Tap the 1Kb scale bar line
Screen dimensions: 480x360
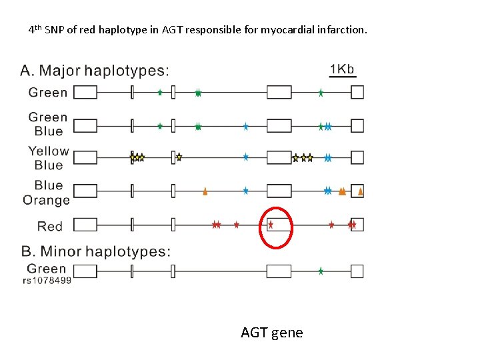[x=343, y=77]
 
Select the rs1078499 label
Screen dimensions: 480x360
[x=47, y=281]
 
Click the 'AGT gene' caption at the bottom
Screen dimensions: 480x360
[x=271, y=332]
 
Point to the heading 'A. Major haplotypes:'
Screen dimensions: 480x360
[x=95, y=70]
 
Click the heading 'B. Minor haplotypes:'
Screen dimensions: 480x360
[x=96, y=251]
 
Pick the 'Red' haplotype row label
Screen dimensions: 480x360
[x=50, y=226]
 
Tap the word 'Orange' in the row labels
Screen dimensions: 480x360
[x=46, y=200]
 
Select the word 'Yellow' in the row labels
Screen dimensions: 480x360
[x=49, y=151]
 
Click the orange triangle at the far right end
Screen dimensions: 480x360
[x=361, y=192]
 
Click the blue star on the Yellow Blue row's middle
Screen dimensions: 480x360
[x=245, y=157]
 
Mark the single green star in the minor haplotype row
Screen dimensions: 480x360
[x=321, y=271]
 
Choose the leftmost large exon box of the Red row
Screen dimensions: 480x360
[x=85, y=225]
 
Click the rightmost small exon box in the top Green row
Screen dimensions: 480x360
[x=357, y=92]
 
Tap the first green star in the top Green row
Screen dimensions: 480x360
[x=160, y=93]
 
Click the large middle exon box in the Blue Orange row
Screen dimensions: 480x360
[x=279, y=191]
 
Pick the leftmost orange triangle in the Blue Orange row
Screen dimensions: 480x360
[x=205, y=192]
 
